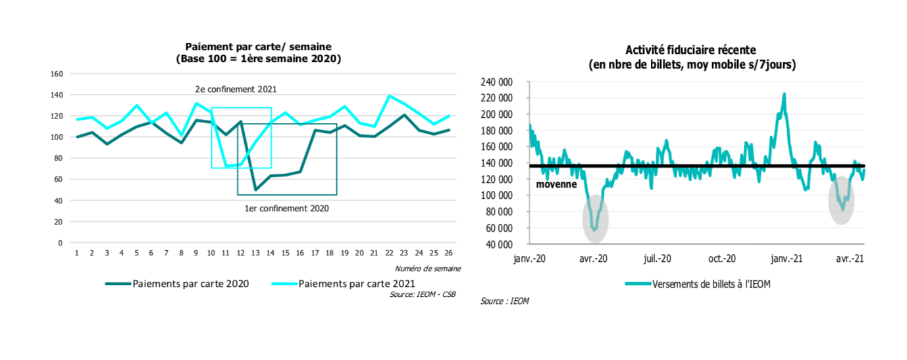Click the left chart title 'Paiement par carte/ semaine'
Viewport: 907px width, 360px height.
coord(258,46)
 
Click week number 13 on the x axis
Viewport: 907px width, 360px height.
coord(256,253)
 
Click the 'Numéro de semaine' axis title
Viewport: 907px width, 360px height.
coord(428,268)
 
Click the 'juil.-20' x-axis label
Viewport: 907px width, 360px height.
coord(657,259)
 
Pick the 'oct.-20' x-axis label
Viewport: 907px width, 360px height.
coord(722,259)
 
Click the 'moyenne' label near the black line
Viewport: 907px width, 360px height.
coord(556,184)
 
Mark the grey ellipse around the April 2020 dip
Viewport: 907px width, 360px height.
coord(595,219)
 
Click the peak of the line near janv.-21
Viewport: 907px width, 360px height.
coord(784,94)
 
